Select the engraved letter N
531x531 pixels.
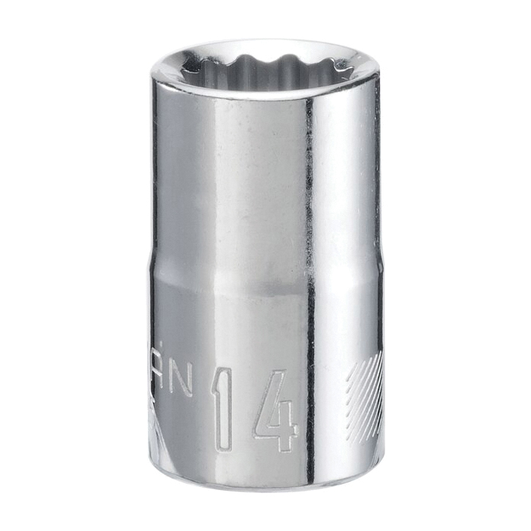182,379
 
